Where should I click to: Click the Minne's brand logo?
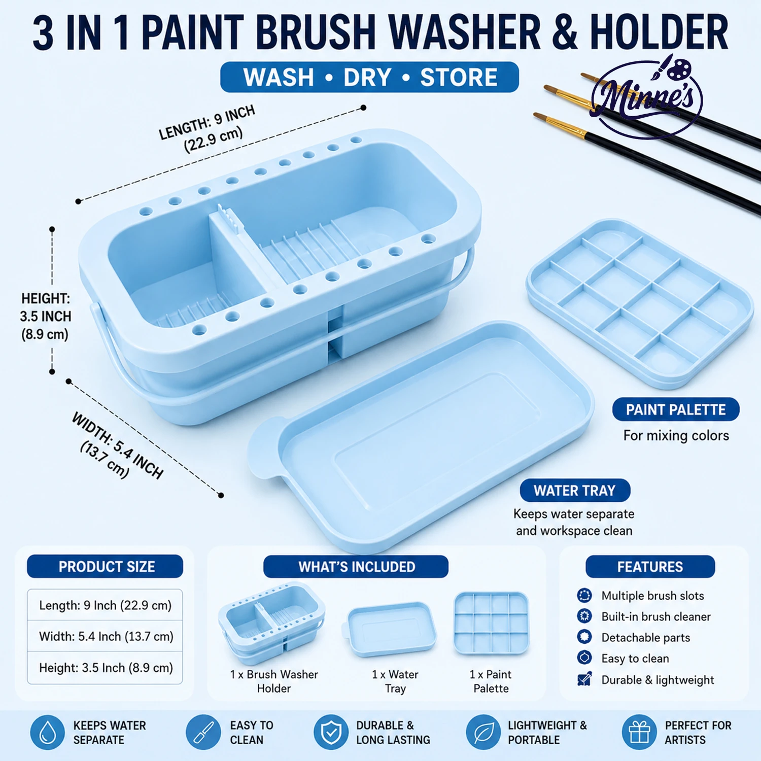[647, 96]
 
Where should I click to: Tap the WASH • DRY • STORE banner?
[369, 77]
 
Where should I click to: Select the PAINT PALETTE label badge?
[675, 409]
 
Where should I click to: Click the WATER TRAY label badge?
[575, 490]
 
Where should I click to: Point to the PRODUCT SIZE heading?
[105, 566]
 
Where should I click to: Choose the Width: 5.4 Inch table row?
[105, 636]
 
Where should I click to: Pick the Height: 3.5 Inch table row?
[105, 668]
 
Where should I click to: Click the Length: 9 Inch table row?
[105, 605]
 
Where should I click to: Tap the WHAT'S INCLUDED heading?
[356, 567]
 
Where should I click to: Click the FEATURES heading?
[650, 567]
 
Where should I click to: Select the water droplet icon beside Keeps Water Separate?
[48, 733]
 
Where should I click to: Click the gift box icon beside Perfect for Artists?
[639, 733]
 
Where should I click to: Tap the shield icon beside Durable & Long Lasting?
[331, 733]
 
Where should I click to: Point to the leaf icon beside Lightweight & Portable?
[483, 733]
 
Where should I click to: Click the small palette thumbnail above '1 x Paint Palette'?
[491, 624]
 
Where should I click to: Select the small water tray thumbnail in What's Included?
[391, 629]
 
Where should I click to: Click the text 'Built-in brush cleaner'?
[656, 616]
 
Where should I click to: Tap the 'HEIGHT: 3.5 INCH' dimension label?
[46, 307]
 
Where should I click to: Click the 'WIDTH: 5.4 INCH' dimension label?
[118, 445]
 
